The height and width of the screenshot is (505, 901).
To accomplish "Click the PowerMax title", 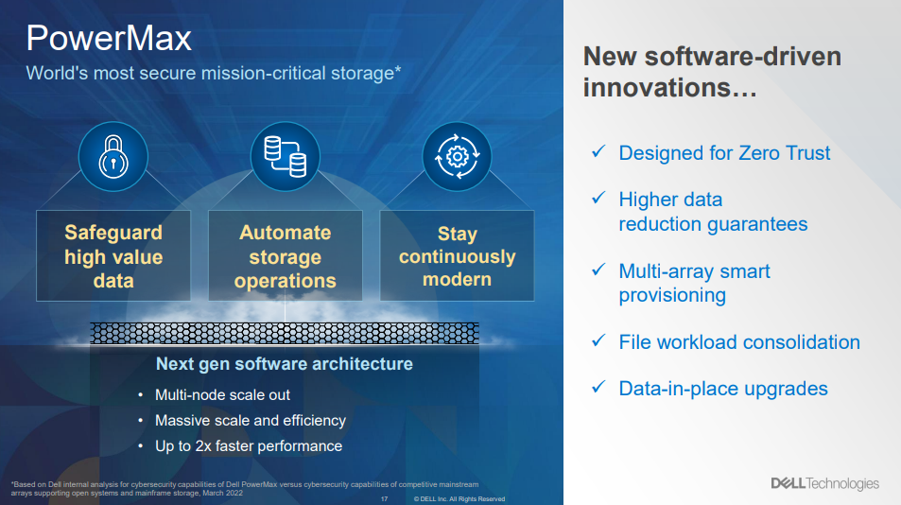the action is click(109, 39).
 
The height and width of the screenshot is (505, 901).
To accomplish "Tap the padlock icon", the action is click(113, 156).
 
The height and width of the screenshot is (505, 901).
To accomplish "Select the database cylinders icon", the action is click(285, 156).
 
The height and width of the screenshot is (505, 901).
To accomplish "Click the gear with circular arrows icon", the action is click(457, 156).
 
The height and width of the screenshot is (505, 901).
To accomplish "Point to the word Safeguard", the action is click(113, 233).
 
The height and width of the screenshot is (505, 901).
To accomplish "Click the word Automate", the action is click(285, 233).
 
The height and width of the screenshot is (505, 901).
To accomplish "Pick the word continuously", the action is click(457, 257).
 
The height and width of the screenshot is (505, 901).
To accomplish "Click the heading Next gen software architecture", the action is click(285, 364).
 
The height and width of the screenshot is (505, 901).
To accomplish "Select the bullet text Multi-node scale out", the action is click(222, 395).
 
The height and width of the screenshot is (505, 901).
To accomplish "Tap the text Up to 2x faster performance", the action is click(249, 446).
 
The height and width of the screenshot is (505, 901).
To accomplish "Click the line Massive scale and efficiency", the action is click(251, 421).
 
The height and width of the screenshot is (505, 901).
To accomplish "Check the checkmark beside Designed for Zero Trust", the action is click(598, 151).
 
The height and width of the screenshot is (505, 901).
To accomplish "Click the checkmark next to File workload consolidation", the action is click(598, 340).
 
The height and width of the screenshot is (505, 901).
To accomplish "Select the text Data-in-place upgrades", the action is click(723, 389).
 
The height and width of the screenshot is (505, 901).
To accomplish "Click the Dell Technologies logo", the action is click(825, 484).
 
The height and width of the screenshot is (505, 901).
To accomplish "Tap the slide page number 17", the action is click(385, 499).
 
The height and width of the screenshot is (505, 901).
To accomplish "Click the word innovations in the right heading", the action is click(658, 88).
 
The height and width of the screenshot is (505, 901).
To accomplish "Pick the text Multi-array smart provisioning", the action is click(694, 284).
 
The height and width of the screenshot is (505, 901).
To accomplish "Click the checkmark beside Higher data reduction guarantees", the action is click(598, 198).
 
